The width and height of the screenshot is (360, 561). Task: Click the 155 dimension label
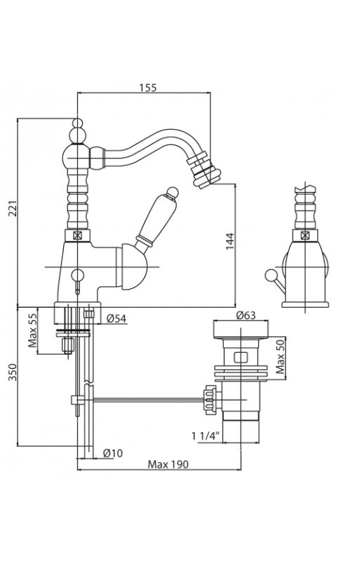(148, 87)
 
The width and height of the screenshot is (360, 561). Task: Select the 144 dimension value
(229, 241)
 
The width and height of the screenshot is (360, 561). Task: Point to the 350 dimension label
(13, 372)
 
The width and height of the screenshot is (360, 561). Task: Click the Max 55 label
(33, 330)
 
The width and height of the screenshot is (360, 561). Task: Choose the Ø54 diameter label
(116, 318)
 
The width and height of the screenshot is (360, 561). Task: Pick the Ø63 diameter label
(246, 315)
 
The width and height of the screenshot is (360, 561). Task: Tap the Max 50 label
(281, 356)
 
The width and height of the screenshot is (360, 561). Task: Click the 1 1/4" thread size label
(205, 435)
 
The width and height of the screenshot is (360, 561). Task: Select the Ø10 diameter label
(113, 453)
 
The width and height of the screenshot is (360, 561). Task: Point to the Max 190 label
(168, 464)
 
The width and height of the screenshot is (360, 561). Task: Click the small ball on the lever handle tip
(173, 191)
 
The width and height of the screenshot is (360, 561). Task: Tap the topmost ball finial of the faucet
(77, 123)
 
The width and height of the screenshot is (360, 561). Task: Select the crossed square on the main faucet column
(77, 236)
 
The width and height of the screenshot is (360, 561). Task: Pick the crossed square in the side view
(305, 235)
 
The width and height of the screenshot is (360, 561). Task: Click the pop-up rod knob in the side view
(270, 275)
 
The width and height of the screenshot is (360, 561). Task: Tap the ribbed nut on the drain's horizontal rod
(210, 400)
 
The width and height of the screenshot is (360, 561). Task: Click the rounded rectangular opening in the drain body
(241, 358)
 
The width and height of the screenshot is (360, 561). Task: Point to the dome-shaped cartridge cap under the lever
(134, 267)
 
